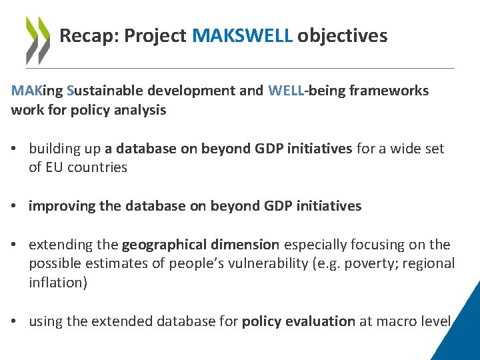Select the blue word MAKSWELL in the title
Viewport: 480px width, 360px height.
[x=242, y=36]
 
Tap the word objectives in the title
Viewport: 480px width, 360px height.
[x=342, y=36]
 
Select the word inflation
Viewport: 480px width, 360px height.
[x=56, y=282]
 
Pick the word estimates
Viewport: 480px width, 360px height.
[x=102, y=263]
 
